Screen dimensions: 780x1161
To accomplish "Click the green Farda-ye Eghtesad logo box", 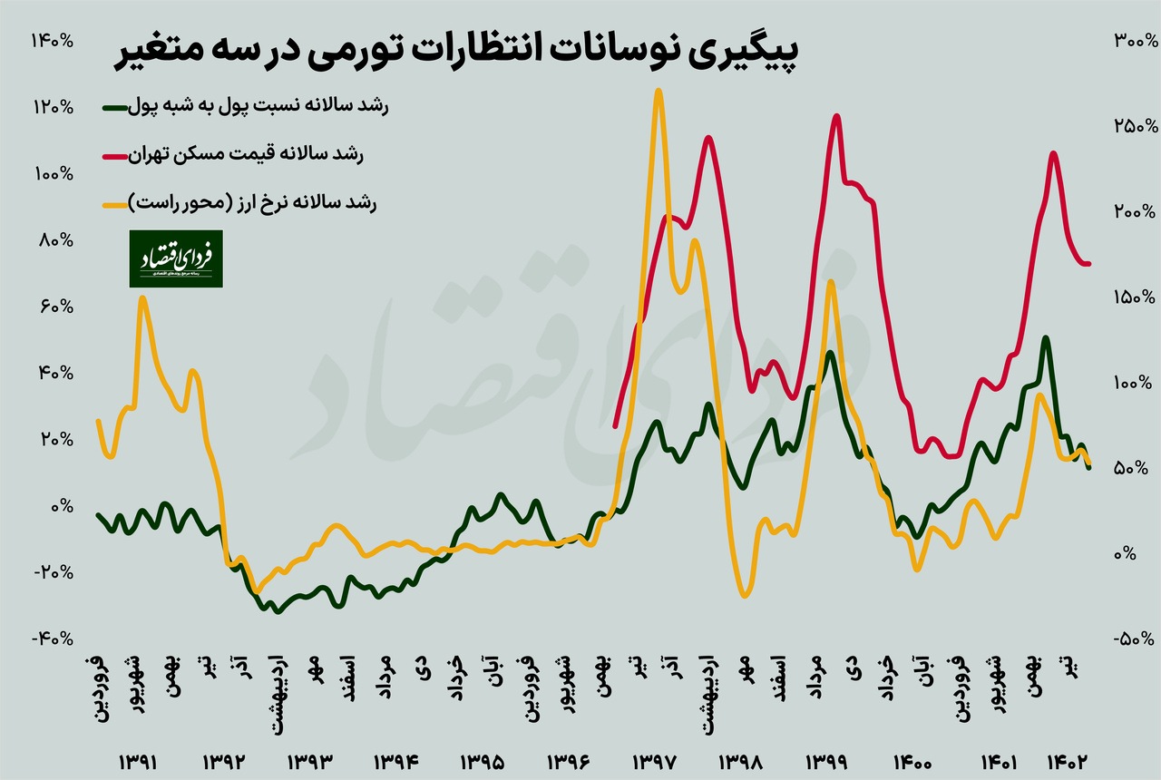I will coord(175,258).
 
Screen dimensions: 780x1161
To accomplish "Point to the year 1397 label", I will coord(652,760).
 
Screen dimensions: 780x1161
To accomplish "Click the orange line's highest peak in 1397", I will coord(658,91).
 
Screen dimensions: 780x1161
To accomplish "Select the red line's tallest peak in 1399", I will coord(836,116).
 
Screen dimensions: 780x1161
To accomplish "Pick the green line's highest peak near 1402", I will coord(1046,338).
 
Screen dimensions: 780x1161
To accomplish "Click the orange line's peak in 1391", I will coord(142,297).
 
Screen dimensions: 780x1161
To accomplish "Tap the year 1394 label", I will coord(395,760).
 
